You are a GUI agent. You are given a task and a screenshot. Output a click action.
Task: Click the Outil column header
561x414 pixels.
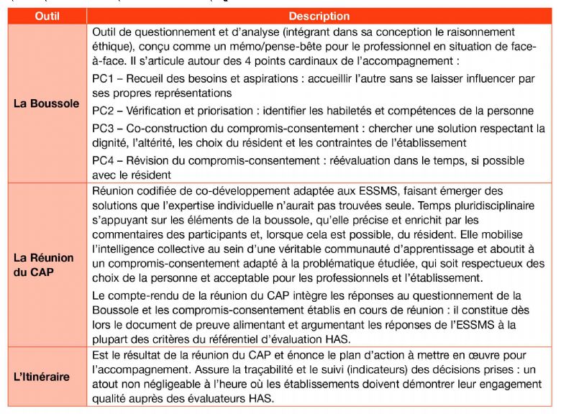[x=46, y=16]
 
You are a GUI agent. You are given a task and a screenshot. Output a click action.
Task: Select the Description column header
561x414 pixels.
[x=319, y=16]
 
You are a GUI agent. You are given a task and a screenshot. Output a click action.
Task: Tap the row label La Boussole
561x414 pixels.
[x=46, y=103]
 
